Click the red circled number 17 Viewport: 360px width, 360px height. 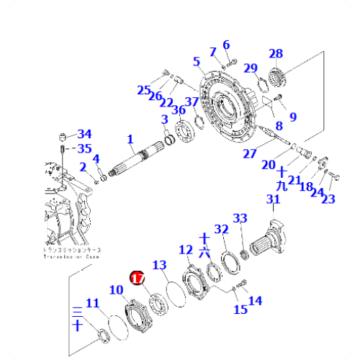coord(137,276)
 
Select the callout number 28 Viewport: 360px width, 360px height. coord(276,53)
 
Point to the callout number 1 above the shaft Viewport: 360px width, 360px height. coord(130,138)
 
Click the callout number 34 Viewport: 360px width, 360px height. coord(85,134)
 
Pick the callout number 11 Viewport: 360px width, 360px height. coord(94,303)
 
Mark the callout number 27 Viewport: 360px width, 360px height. coord(249,153)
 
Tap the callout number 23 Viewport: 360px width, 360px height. coord(329,199)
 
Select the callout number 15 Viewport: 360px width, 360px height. coord(240,309)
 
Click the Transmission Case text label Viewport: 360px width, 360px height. coord(72,253)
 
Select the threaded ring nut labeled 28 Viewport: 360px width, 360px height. coord(277,75)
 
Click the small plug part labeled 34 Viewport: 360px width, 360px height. coord(63,137)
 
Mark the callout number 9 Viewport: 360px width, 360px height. coord(292,116)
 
